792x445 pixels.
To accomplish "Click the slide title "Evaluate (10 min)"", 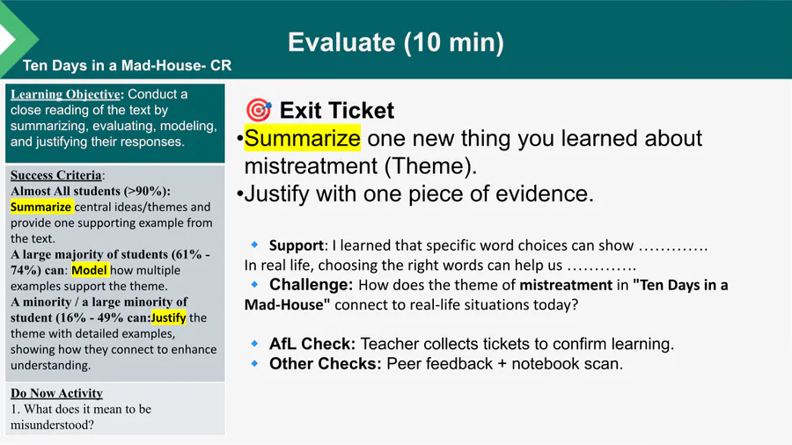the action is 396,42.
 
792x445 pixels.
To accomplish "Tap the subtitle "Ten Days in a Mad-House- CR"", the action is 128,66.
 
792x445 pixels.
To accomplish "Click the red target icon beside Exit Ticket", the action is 259,109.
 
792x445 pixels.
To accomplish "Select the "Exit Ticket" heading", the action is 337,111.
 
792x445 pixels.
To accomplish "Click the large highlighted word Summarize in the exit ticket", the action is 303,138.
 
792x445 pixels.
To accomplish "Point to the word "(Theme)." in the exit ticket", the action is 430,166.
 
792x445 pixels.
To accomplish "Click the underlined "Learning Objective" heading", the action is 66,94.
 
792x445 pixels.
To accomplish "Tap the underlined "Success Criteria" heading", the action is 56,175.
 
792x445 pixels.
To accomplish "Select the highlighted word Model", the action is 90,271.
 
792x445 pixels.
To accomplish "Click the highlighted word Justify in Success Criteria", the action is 168,317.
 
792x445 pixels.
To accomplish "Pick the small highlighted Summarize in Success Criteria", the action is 40,207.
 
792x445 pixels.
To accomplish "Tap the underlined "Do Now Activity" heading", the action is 56,393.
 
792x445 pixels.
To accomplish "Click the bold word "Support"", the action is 296,245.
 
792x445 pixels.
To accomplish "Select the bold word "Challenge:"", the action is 312,285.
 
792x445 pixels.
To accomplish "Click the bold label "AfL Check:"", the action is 312,344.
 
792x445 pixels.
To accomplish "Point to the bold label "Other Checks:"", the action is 326,363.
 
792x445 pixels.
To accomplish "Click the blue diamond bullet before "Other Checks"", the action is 254,362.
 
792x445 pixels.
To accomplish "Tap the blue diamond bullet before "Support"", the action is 254,244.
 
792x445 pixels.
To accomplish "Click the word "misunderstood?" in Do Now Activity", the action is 52,425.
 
